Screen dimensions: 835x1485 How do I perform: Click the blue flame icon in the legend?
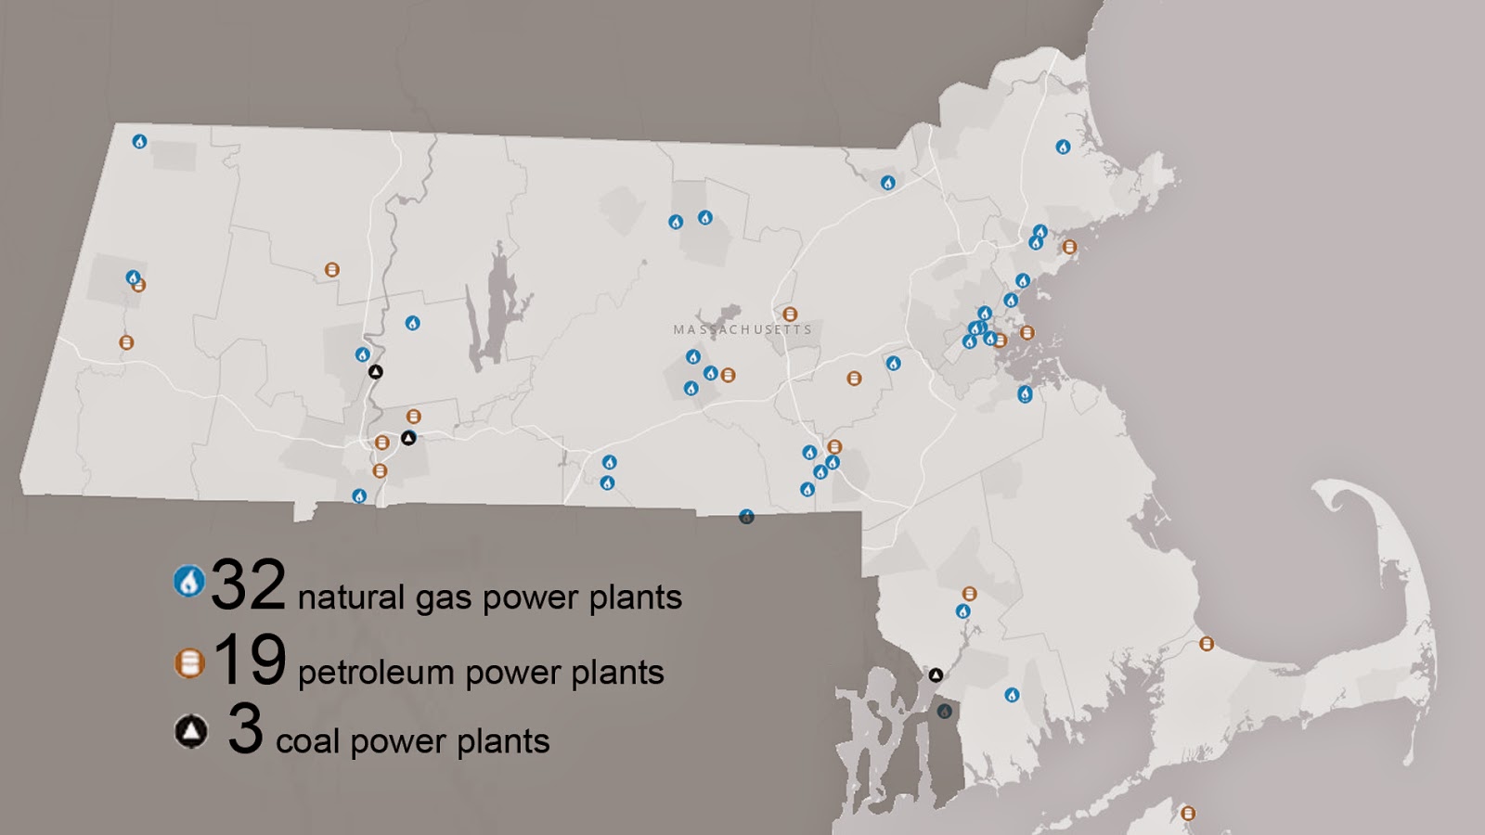(189, 582)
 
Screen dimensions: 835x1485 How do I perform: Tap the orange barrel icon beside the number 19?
(189, 662)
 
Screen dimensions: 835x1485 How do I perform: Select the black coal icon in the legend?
(191, 732)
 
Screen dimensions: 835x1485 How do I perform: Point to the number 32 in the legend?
(248, 585)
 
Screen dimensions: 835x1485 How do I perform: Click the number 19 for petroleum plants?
(249, 661)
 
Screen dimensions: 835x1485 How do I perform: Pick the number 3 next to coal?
(245, 729)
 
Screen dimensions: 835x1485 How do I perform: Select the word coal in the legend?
(308, 741)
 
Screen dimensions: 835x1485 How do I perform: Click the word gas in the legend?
(444, 599)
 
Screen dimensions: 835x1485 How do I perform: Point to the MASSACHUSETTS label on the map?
(742, 329)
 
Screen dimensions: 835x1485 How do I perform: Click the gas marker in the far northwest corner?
(139, 142)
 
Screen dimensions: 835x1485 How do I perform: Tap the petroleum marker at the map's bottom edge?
(1188, 813)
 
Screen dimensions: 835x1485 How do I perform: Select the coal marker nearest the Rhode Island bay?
(936, 675)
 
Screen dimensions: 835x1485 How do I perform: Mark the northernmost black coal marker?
(375, 372)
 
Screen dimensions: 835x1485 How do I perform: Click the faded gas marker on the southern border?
(746, 517)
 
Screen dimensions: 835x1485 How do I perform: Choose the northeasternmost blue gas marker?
(1063, 147)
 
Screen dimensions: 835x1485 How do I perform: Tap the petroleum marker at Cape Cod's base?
(1207, 644)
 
